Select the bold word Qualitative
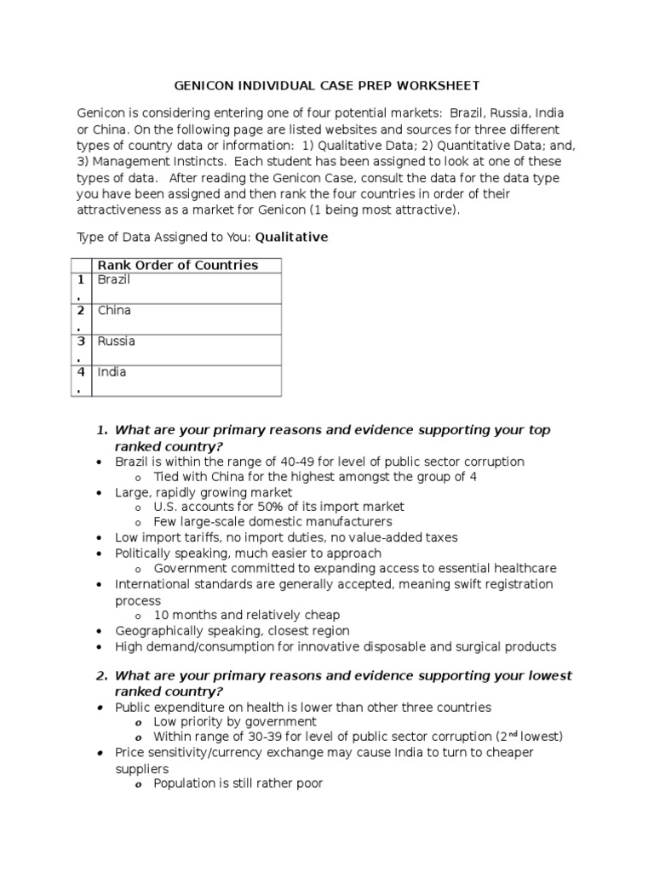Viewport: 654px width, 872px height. [x=291, y=238]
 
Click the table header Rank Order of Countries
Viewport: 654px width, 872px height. [x=178, y=265]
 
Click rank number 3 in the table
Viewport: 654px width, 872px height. [x=81, y=341]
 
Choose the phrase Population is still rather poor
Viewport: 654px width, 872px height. [x=238, y=783]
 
